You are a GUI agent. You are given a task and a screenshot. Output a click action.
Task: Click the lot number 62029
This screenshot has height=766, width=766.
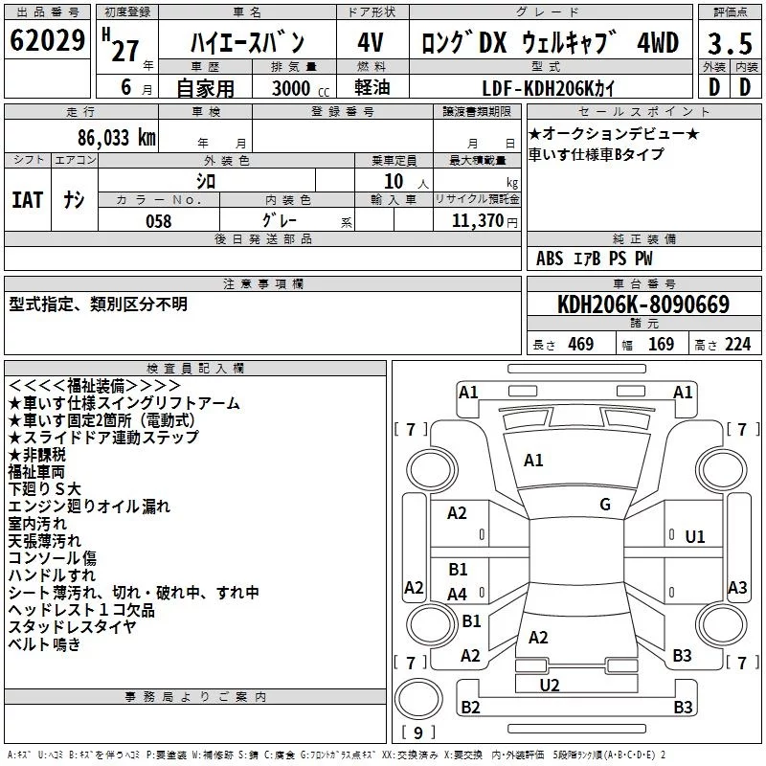(47, 39)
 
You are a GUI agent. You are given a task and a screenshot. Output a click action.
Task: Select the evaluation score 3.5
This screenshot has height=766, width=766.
(730, 43)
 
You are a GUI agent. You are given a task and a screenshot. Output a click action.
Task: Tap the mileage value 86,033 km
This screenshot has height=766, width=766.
(117, 138)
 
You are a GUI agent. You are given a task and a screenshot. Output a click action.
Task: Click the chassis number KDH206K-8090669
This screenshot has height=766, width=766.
(643, 304)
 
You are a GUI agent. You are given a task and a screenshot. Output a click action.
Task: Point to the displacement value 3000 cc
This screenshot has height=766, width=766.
(301, 88)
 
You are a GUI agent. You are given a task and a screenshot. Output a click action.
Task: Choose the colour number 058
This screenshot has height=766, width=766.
(159, 221)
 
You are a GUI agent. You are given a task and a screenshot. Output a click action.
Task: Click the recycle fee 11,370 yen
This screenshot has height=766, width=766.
(484, 221)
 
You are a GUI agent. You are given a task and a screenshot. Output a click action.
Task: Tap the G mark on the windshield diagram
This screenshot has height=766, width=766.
(605, 505)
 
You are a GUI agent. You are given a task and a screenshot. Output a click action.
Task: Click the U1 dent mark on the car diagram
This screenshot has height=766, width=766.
(695, 537)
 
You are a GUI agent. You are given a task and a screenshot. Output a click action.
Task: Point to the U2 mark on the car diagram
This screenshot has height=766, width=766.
(550, 686)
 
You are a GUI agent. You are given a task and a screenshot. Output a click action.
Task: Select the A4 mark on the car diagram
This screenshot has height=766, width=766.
(457, 595)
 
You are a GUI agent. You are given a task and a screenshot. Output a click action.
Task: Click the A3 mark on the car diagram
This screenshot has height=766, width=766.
(737, 587)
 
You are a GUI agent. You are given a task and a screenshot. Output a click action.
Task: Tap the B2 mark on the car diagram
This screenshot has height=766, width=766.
(470, 707)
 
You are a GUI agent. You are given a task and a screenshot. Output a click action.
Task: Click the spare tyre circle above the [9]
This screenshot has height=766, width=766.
(418, 699)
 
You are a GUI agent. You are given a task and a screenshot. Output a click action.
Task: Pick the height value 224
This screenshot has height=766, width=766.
(737, 345)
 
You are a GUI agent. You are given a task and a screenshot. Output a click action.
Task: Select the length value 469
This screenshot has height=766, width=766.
(581, 345)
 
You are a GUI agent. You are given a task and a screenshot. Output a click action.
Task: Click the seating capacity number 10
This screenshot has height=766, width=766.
(394, 181)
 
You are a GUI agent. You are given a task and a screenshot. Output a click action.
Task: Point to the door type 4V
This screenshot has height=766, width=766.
(371, 42)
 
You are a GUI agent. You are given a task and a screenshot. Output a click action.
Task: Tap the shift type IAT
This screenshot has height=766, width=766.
(28, 200)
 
